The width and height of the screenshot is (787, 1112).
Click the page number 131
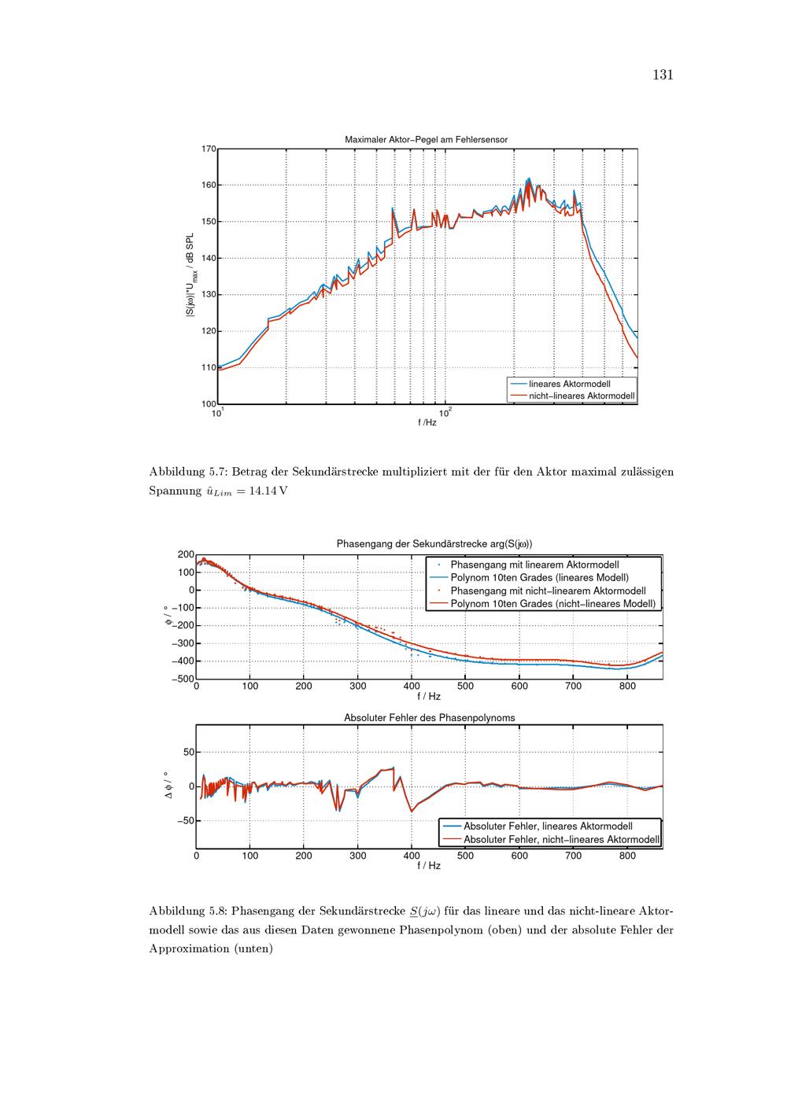(663, 75)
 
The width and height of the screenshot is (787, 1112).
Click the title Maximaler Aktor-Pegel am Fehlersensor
(426, 139)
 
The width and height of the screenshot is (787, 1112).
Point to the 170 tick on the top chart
(209, 149)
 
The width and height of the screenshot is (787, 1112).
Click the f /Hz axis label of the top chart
(427, 422)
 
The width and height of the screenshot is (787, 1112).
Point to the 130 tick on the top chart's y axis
(209, 295)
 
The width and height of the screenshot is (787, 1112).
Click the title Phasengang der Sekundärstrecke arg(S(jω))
(429, 543)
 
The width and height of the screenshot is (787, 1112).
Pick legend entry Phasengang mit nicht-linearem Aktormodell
(548, 591)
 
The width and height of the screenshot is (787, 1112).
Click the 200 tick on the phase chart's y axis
(186, 554)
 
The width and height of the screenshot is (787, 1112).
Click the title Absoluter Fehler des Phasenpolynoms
(429, 718)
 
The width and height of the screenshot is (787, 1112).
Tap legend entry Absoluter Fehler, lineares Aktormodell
(548, 827)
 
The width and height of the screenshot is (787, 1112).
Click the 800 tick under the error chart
(627, 856)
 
